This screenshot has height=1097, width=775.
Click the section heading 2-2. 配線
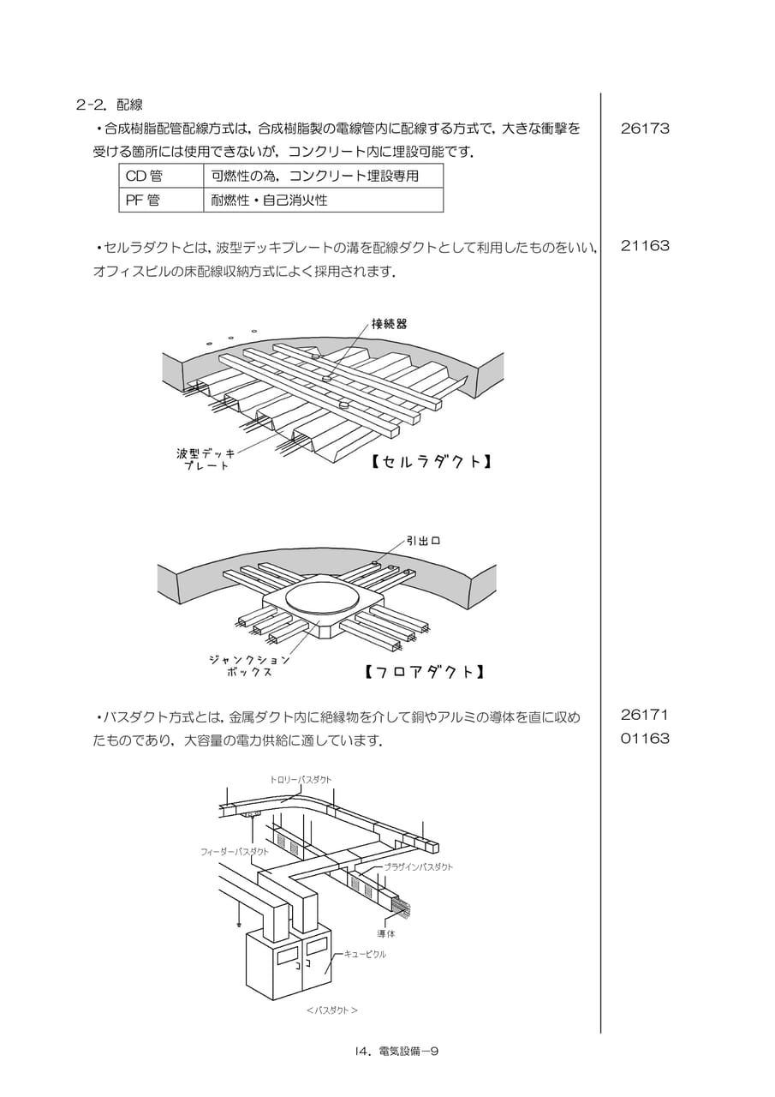(109, 105)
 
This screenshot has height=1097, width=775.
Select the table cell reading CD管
(161, 176)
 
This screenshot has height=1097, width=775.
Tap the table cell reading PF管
(161, 200)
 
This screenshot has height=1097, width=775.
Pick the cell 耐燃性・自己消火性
(324, 200)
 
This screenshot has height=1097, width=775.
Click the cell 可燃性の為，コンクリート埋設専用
(324, 176)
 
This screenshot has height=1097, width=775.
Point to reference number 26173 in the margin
(645, 129)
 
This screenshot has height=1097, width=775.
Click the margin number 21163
(645, 246)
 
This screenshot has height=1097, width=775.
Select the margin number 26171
(644, 715)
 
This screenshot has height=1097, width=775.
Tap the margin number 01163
(645, 738)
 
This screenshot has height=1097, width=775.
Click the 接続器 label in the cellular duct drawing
(389, 324)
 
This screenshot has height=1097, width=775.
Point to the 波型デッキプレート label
(206, 459)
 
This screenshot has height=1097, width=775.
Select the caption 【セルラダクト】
(431, 461)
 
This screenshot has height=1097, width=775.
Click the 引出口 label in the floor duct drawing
(424, 541)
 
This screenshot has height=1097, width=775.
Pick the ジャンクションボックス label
(249, 666)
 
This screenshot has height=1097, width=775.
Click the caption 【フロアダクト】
(424, 671)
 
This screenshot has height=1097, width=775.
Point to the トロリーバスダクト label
(301, 780)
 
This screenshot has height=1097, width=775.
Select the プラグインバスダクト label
(418, 866)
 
